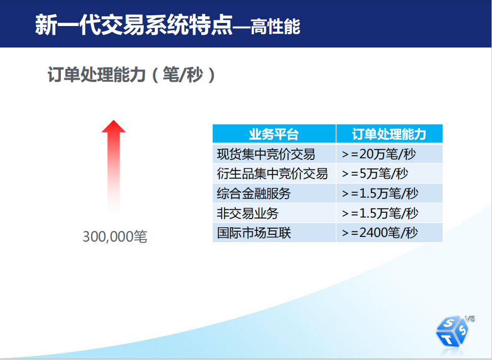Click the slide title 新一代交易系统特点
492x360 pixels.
(134, 25)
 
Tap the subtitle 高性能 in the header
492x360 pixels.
(276, 27)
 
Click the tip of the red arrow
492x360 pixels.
(114, 120)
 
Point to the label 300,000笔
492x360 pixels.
(115, 236)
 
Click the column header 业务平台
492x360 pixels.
(274, 134)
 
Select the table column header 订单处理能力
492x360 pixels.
(389, 134)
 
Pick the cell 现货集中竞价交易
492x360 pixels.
(266, 154)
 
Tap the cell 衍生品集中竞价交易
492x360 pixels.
(273, 174)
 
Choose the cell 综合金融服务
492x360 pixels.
(254, 194)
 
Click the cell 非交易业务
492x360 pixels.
(248, 213)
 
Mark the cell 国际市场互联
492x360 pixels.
(254, 233)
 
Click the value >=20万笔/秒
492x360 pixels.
(379, 154)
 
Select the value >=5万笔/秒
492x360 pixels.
(375, 174)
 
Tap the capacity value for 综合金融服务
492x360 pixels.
(380, 194)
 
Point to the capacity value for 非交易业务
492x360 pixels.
(380, 213)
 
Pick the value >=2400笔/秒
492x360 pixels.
(380, 233)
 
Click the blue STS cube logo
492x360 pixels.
(452, 331)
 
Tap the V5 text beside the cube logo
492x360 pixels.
(470, 319)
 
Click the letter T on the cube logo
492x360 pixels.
(448, 339)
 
